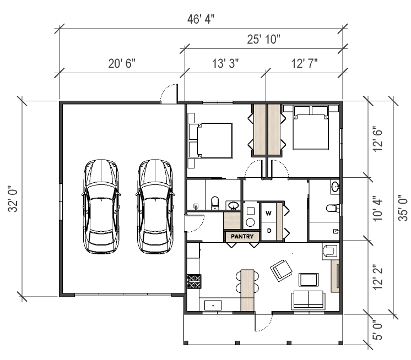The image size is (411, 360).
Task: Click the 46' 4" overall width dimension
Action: (x=201, y=19)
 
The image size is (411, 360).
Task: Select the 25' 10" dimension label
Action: (x=263, y=39)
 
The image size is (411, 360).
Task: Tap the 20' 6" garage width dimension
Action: (x=122, y=63)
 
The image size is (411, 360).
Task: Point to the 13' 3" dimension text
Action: (x=225, y=63)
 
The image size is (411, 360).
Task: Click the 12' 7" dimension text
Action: (x=304, y=63)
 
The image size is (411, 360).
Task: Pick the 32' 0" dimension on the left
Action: (x=13, y=199)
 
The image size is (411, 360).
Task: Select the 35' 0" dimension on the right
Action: (x=403, y=208)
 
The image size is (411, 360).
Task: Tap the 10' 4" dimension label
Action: (x=378, y=209)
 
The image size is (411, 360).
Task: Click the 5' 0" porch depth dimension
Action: (x=378, y=330)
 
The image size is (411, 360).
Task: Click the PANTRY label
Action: (x=242, y=236)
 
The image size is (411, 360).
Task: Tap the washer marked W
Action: (x=268, y=213)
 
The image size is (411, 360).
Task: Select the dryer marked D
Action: (x=268, y=231)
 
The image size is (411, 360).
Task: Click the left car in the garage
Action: (x=101, y=206)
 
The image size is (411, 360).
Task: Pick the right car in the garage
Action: (x=155, y=206)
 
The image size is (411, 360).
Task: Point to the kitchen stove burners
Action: (x=194, y=281)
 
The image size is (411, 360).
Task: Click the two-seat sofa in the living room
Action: (x=309, y=300)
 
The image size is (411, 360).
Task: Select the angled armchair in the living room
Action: (x=281, y=270)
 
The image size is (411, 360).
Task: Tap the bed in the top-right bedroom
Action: (x=311, y=128)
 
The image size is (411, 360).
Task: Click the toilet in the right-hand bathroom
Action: (x=333, y=209)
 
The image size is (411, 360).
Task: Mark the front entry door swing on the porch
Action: (x=264, y=323)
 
